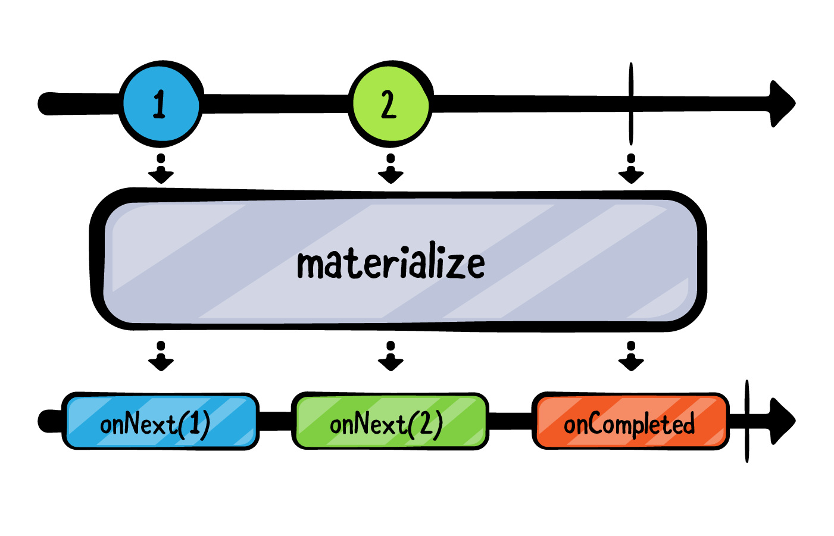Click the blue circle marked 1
coord(160,104)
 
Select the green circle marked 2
coord(389,104)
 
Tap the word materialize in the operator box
coord(391,264)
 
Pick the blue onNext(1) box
coord(160,421)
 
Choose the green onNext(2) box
coord(389,421)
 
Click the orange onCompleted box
coord(630,421)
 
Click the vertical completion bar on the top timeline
coord(631,104)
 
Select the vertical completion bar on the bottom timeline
coord(746,421)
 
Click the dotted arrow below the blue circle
coord(161,170)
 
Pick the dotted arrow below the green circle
coord(391,170)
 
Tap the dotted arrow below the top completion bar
coord(631,170)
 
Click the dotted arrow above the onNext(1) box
coord(161,356)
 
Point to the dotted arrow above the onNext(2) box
coord(391,356)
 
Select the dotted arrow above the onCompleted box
coord(631,356)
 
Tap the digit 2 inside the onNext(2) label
coord(426,424)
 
